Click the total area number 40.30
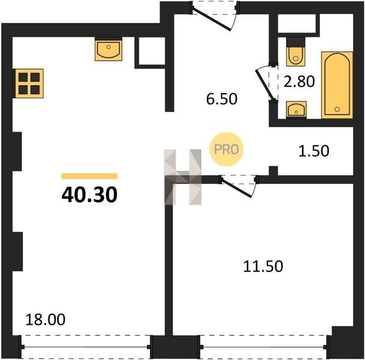(89, 195)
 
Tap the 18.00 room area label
(46, 319)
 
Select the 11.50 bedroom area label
(263, 266)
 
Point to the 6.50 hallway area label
(222, 98)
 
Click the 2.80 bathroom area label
(299, 82)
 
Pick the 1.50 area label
(313, 151)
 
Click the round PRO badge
(227, 149)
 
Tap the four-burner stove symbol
(29, 83)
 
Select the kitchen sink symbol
(108, 50)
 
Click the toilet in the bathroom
(295, 54)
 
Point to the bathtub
(337, 85)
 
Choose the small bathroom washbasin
(296, 110)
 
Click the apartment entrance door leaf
(212, 19)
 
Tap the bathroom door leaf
(264, 85)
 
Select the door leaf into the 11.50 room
(236, 188)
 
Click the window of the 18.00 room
(86, 347)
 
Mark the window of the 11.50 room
(264, 347)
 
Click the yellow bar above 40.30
(89, 176)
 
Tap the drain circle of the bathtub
(337, 109)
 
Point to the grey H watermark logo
(183, 177)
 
